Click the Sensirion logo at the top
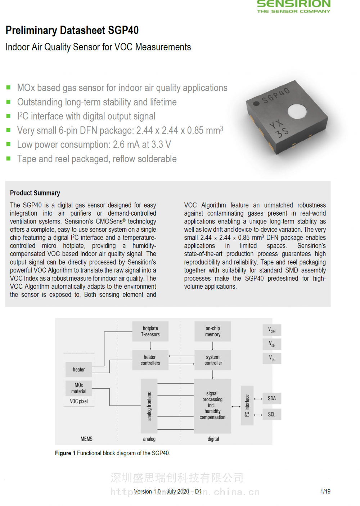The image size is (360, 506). (x=293, y=6)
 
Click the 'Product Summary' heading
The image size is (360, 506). (x=35, y=193)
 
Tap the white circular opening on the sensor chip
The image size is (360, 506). (x=297, y=111)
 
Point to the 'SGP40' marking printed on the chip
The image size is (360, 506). (x=275, y=95)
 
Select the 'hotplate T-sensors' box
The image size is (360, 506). (x=150, y=331)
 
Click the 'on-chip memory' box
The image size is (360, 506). (x=213, y=331)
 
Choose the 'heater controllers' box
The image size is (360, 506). (x=150, y=360)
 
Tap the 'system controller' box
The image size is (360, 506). (x=213, y=360)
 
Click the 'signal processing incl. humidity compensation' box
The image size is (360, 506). (x=212, y=406)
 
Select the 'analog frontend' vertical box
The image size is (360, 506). (x=149, y=406)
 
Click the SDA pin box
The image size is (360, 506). (x=272, y=398)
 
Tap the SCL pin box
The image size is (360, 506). (x=272, y=414)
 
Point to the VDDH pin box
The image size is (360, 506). (x=272, y=330)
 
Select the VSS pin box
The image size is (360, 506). (x=272, y=358)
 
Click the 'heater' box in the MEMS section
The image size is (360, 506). (x=79, y=370)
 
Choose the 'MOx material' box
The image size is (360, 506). (x=79, y=388)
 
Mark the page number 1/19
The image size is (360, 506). (x=325, y=491)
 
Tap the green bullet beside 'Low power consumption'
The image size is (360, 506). (x=8, y=144)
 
